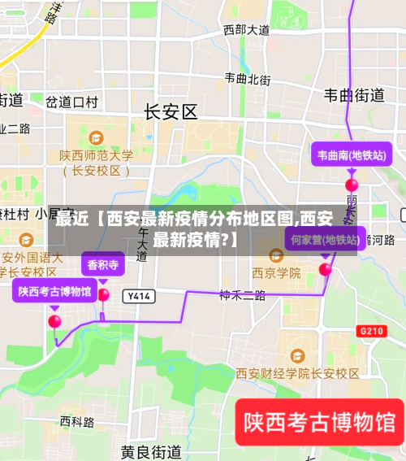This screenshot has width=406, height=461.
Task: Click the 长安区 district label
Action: (x=171, y=112)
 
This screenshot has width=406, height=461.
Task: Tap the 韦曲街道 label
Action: (x=354, y=95)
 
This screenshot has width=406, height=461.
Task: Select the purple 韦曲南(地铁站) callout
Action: (x=351, y=154)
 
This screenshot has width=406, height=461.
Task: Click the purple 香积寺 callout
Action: (x=103, y=264)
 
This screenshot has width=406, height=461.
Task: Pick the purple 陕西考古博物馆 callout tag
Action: (x=54, y=290)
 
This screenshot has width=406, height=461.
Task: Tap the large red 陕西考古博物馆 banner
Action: (x=319, y=423)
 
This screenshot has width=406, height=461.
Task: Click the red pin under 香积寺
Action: (x=103, y=294)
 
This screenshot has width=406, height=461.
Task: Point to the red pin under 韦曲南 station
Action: (x=352, y=185)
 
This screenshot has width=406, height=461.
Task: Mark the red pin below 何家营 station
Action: (x=326, y=268)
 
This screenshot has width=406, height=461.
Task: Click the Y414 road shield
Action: (x=139, y=297)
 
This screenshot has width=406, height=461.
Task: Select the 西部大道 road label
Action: (x=246, y=30)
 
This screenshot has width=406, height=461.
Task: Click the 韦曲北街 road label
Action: (x=248, y=79)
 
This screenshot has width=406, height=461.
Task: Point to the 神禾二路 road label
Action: (x=242, y=295)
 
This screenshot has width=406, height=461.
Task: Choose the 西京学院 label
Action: (x=276, y=272)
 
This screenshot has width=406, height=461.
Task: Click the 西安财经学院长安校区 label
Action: (x=297, y=373)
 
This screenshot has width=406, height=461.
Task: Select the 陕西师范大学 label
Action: (x=96, y=155)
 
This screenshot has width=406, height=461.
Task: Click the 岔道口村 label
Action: (x=71, y=102)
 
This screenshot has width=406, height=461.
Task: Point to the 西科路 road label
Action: (x=77, y=422)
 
